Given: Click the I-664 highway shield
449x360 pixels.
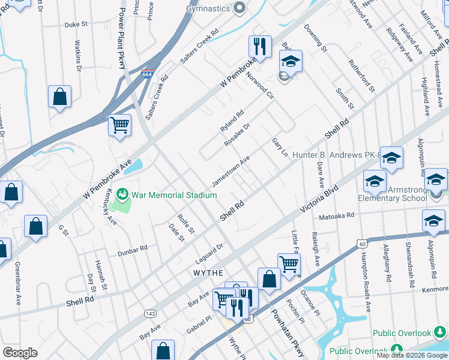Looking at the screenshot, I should pyautogui.click(x=146, y=74).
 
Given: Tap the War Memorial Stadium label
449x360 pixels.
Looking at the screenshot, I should pyautogui.click(x=174, y=195).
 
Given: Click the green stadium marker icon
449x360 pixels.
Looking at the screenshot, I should pyautogui.click(x=122, y=194).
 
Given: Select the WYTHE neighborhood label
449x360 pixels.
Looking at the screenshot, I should pyautogui.click(x=208, y=272).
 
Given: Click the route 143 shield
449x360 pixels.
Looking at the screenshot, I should pyautogui.click(x=149, y=313).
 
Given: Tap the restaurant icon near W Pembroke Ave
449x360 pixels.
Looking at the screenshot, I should pyautogui.click(x=260, y=46).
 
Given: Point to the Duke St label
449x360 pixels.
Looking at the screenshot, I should pyautogui.click(x=76, y=25).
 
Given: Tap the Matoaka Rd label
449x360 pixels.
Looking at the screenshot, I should pyautogui.click(x=337, y=215).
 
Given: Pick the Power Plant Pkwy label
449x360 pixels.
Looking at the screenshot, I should pyautogui.click(x=122, y=30).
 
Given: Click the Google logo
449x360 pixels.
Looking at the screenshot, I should pyautogui.click(x=20, y=353).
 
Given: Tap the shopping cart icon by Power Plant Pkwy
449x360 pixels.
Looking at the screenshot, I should pyautogui.click(x=119, y=125).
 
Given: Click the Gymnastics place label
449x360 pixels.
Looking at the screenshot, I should pyautogui.click(x=208, y=8).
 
